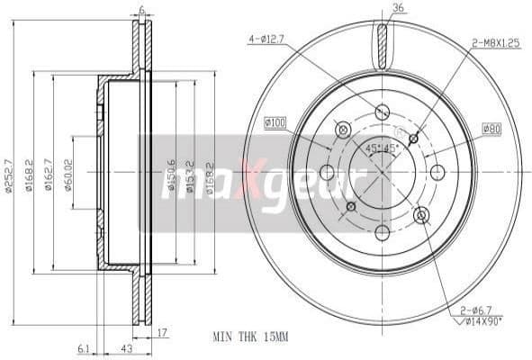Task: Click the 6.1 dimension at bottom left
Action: click(84, 349)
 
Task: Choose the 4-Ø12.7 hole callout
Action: click(266, 39)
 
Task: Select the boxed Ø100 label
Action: click(276, 121)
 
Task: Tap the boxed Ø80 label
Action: click(491, 129)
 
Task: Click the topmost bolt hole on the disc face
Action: click(383, 112)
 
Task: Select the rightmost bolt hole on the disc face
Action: click(438, 172)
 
